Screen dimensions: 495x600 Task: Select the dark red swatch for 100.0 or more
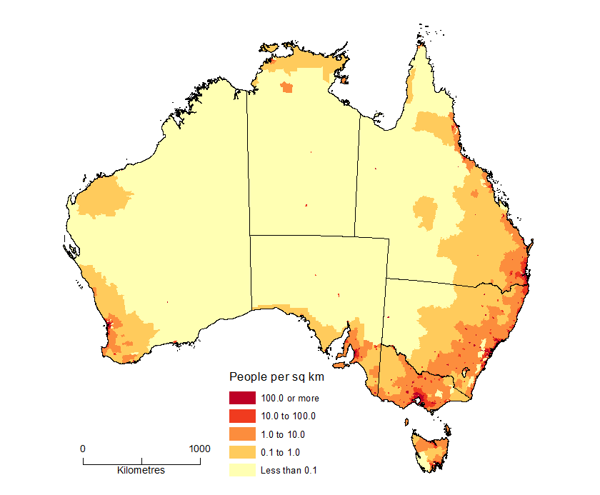pyautogui.click(x=241, y=398)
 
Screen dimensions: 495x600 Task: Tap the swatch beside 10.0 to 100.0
pyautogui.click(x=241, y=416)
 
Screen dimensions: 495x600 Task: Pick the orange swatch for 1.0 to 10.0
pyautogui.click(x=241, y=434)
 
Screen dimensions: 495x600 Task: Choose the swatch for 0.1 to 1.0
pyautogui.click(x=241, y=451)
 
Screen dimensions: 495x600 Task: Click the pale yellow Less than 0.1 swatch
pyautogui.click(x=241, y=469)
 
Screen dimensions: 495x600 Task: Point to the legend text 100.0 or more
pyautogui.click(x=290, y=399)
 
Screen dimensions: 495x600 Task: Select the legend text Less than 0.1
pyautogui.click(x=289, y=470)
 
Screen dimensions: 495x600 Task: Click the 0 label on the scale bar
pyautogui.click(x=83, y=449)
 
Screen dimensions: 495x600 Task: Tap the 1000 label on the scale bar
pyautogui.click(x=199, y=449)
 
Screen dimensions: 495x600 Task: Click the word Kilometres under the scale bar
pyautogui.click(x=141, y=471)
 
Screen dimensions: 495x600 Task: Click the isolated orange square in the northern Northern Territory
pyautogui.click(x=287, y=88)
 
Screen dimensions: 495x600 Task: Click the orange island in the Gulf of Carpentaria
pyautogui.click(x=345, y=80)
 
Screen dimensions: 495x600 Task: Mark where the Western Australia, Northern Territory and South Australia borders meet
pyautogui.click(x=249, y=235)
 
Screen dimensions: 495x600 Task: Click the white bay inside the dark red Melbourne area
pyautogui.click(x=421, y=403)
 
